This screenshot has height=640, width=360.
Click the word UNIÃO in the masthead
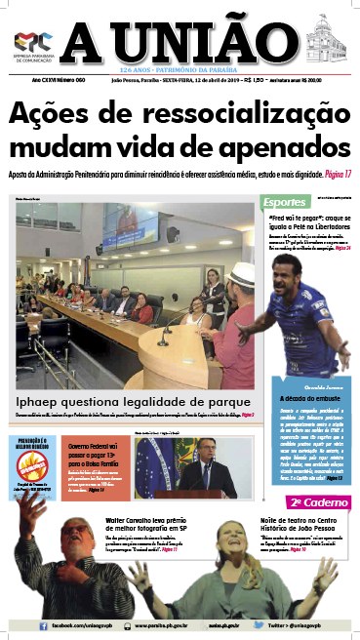pos(209,43)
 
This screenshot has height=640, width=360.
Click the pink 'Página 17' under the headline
pos(335,174)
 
